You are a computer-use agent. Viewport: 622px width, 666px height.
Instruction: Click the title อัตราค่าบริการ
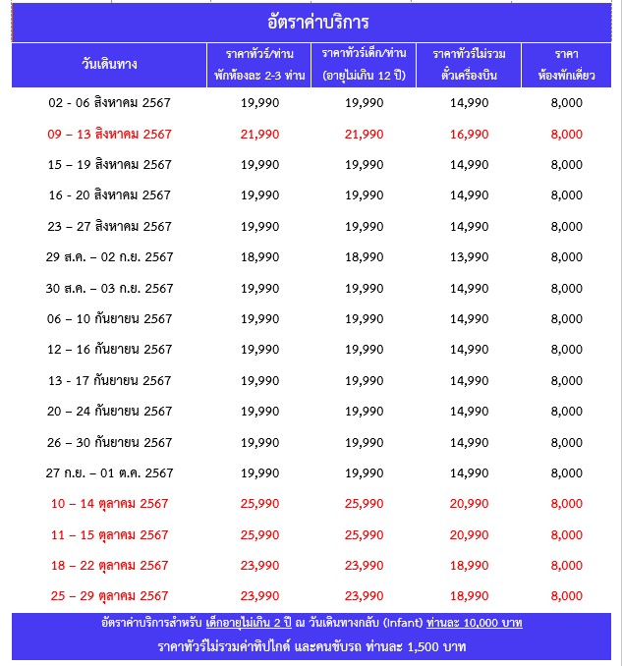point(311,22)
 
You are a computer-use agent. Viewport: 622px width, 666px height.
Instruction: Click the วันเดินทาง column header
point(109,65)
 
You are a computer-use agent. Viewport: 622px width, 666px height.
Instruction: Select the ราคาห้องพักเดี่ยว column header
point(567,65)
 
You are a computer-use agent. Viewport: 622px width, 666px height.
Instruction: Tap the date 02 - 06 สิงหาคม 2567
point(109,103)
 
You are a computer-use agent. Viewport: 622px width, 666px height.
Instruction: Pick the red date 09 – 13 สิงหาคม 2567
point(109,134)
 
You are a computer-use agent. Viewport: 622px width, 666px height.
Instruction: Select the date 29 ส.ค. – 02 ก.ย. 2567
point(109,256)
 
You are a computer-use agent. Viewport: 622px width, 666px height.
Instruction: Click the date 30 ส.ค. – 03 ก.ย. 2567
point(109,288)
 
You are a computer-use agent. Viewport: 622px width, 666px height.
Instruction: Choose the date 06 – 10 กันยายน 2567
point(109,318)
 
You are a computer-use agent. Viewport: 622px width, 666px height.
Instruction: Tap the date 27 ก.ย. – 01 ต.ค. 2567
point(109,472)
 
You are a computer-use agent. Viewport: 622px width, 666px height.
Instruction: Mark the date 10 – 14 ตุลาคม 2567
point(109,504)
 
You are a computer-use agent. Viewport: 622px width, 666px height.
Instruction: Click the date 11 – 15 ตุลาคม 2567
point(109,534)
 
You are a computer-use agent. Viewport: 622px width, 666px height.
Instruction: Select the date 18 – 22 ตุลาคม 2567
point(109,565)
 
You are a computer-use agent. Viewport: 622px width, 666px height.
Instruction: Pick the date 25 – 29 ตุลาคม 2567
point(109,595)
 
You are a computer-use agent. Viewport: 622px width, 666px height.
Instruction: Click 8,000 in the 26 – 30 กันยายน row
point(567,442)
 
